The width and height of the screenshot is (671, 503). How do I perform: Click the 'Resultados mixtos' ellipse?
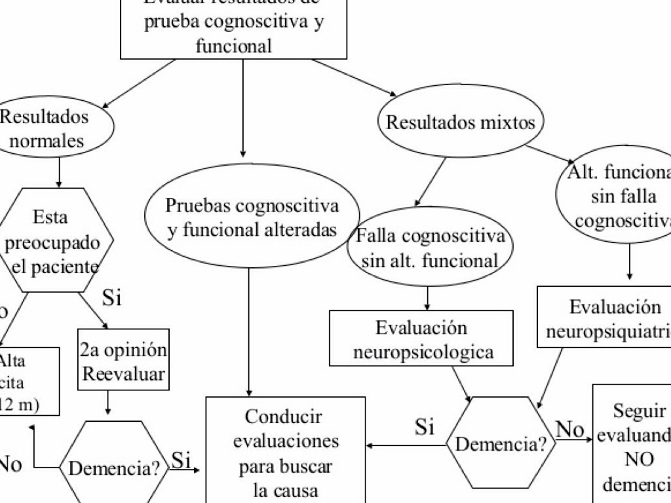pos(461,122)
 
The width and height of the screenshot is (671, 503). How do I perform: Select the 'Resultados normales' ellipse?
pos(46,128)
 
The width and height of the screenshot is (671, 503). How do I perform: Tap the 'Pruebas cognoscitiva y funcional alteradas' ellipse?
pos(252,217)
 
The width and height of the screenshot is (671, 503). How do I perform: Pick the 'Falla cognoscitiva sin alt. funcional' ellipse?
pos(431,247)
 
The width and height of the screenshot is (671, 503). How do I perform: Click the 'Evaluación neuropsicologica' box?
pos(421,339)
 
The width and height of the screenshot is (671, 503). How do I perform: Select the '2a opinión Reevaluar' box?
pos(123,360)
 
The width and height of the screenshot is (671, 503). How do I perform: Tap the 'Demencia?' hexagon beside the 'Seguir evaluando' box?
pos(501,444)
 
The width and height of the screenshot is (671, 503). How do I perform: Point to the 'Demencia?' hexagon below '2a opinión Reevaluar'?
pos(114,467)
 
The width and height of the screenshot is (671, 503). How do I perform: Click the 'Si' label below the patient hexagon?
pos(112,298)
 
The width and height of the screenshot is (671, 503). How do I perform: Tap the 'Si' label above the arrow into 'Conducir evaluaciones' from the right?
pos(425,428)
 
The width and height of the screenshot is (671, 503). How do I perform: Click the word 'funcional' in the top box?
pos(233,46)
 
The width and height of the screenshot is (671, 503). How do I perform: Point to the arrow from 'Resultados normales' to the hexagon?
pos(59,172)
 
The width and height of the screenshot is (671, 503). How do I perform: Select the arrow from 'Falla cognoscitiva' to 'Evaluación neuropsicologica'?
pos(427,298)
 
